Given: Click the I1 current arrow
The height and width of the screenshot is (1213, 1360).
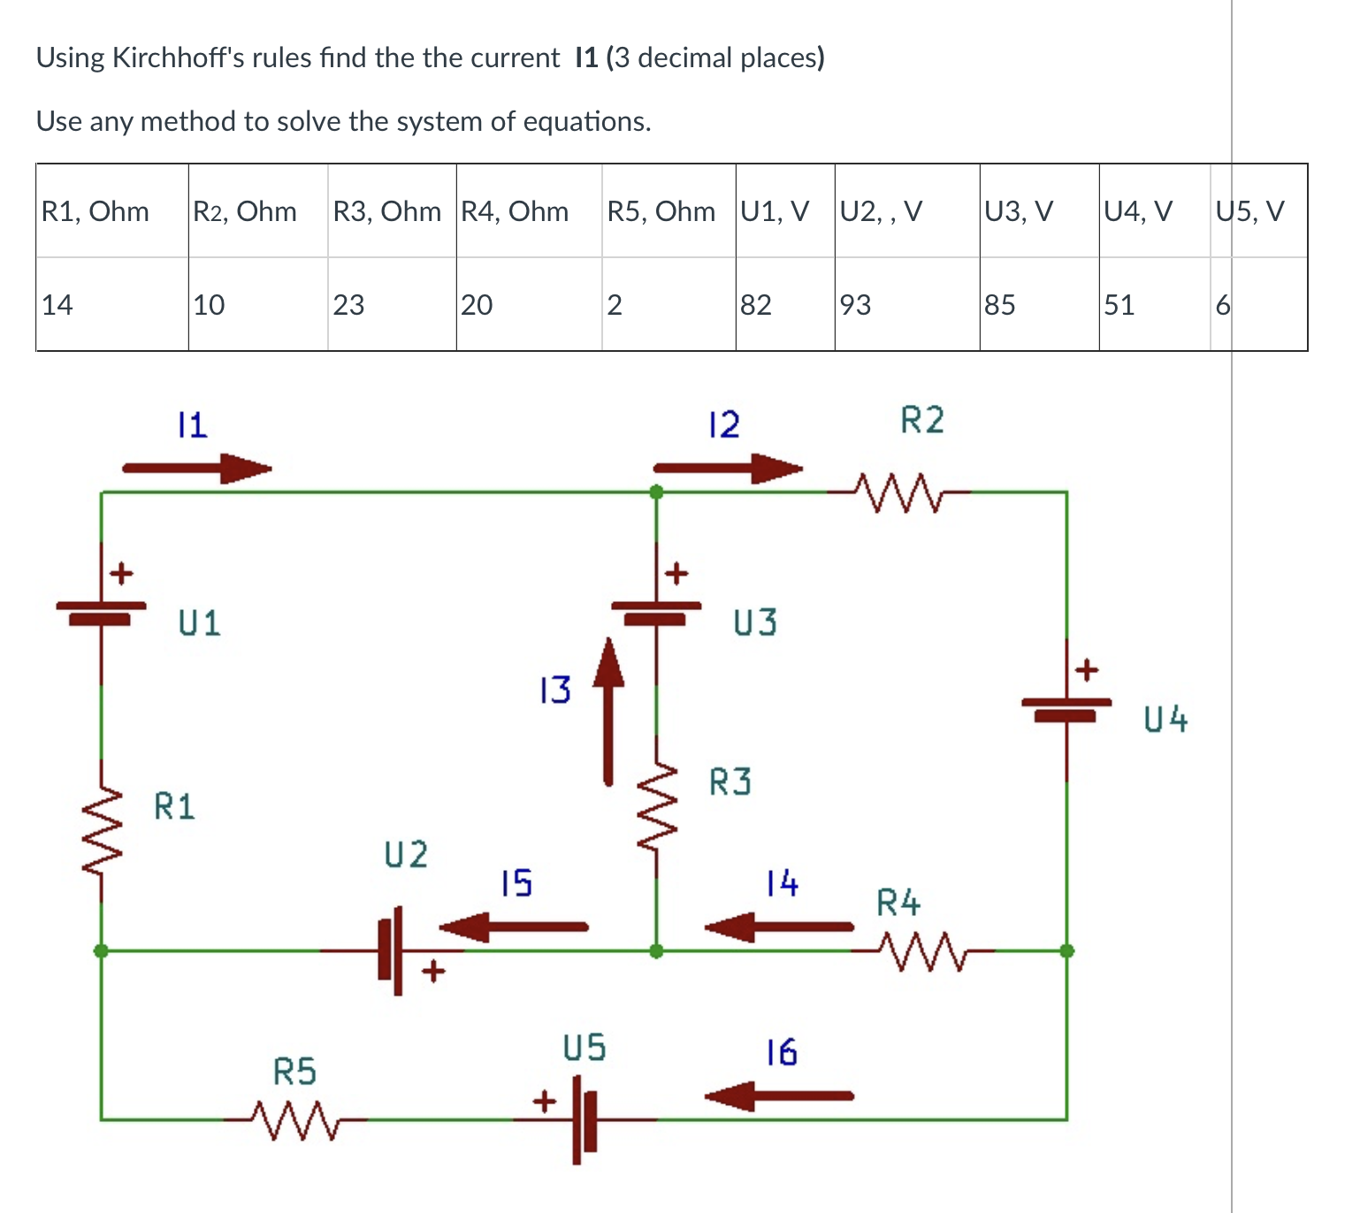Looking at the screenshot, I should (x=196, y=469).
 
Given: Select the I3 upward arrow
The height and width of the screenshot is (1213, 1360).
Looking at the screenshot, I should (x=608, y=713).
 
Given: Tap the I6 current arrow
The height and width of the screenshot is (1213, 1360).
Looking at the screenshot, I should (x=779, y=1096).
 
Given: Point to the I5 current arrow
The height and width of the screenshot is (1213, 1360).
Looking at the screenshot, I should (x=514, y=927).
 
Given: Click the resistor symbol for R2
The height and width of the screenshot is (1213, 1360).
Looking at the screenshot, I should (x=898, y=492).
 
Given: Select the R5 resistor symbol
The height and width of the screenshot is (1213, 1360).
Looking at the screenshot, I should (x=295, y=1119).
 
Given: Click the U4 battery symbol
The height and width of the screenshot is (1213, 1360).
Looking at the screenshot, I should (x=1066, y=707).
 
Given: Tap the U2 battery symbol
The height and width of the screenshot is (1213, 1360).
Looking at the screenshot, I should (x=391, y=950).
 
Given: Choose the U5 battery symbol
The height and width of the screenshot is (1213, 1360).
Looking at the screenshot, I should (x=584, y=1119).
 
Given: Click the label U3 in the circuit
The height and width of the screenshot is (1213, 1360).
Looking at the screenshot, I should (x=755, y=623).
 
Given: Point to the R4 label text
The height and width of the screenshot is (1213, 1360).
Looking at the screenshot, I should (x=898, y=903).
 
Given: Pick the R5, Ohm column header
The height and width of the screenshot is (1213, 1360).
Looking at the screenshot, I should (x=661, y=211).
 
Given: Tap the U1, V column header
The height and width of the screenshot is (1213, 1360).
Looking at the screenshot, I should (x=775, y=211).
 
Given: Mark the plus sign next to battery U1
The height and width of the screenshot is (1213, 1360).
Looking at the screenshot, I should (x=121, y=574).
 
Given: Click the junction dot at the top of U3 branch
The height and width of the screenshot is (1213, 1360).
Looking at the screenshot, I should (x=656, y=492).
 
